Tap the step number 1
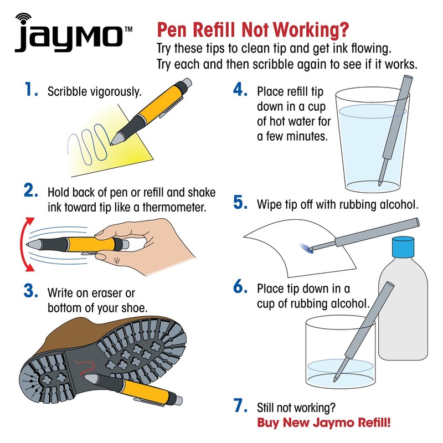click(31, 91)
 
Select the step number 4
click(240, 91)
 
